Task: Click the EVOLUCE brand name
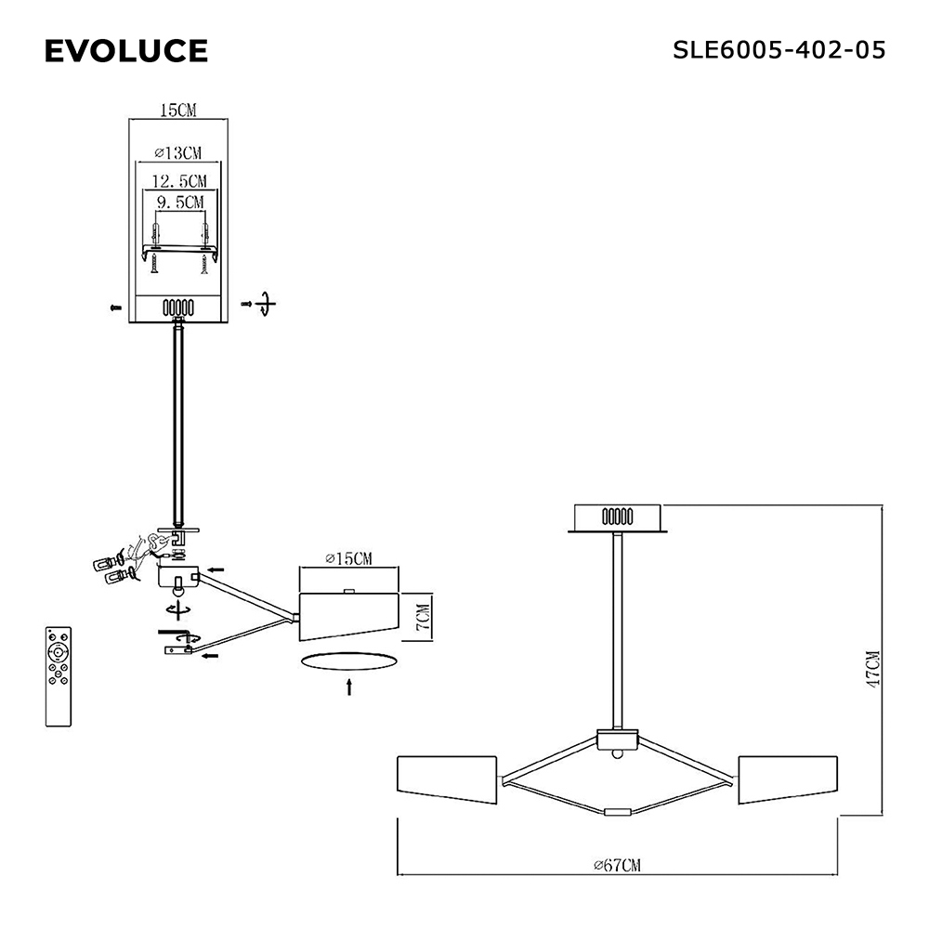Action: click(x=126, y=50)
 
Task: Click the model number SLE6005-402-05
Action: click(x=779, y=50)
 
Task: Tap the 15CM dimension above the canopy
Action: click(x=178, y=111)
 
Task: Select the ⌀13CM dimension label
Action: click(x=178, y=153)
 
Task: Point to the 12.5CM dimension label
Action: click(x=179, y=181)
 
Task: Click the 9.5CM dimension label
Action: click(x=180, y=202)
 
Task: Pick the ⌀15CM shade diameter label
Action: click(x=349, y=558)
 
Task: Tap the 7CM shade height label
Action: click(x=423, y=617)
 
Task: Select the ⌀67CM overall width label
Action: click(x=618, y=865)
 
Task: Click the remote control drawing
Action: click(x=58, y=676)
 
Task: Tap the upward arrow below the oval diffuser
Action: click(x=349, y=687)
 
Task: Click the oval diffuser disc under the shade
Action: click(x=349, y=661)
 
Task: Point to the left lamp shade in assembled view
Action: click(x=447, y=779)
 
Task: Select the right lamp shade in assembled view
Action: click(x=788, y=779)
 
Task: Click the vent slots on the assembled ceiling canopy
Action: click(x=618, y=517)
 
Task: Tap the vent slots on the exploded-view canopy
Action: click(x=178, y=308)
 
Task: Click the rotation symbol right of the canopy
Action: click(x=266, y=304)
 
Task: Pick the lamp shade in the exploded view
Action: click(x=348, y=616)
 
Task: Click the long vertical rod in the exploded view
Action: click(x=178, y=424)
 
